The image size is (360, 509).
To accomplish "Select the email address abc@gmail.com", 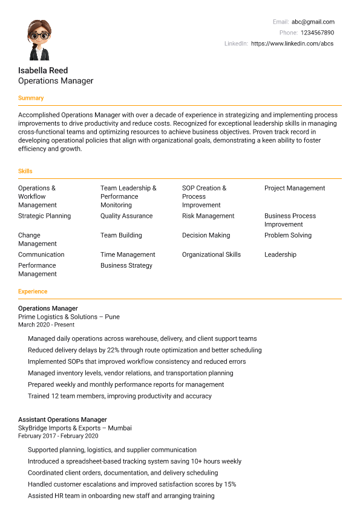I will click(313, 22).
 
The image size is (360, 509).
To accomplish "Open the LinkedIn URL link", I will click(292, 44).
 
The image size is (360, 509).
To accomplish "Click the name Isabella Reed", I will click(43, 70).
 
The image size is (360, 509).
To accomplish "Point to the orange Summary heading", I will click(31, 98).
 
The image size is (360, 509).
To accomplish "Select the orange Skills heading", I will click(25, 171).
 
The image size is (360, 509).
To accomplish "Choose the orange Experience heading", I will click(33, 291).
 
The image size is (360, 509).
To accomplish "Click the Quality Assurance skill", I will click(126, 216).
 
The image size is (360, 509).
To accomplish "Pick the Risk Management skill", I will click(208, 216).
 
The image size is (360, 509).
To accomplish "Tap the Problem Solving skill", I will click(288, 235).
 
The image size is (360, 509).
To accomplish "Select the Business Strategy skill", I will click(126, 265).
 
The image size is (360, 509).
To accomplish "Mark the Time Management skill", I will click(128, 254).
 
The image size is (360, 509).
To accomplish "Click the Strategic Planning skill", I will click(44, 216).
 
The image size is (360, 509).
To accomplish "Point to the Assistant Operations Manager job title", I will click(62, 420).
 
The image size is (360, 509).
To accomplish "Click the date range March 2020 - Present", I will click(46, 325).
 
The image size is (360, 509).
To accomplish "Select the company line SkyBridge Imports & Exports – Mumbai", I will click(75, 428).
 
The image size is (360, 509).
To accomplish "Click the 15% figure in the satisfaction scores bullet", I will click(229, 484).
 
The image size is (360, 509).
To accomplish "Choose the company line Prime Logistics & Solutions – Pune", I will click(69, 317).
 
